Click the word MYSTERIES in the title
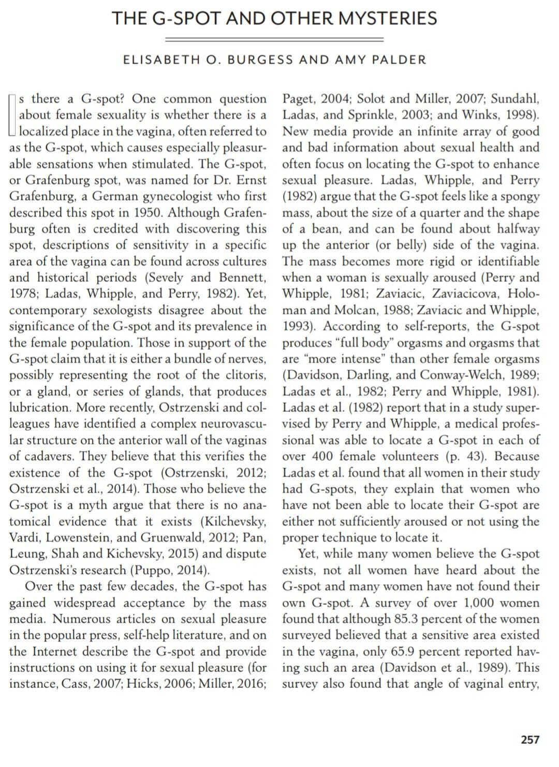(x=387, y=19)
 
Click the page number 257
(x=529, y=740)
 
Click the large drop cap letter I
(x=14, y=114)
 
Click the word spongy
(x=519, y=196)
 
